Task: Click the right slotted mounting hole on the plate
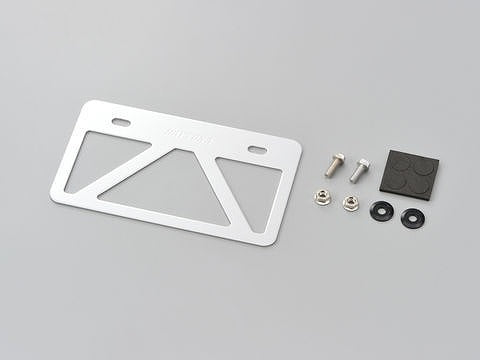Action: point(256,150)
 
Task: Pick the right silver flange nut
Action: point(349,206)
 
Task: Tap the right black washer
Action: point(410,217)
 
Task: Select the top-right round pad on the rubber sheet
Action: point(423,169)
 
